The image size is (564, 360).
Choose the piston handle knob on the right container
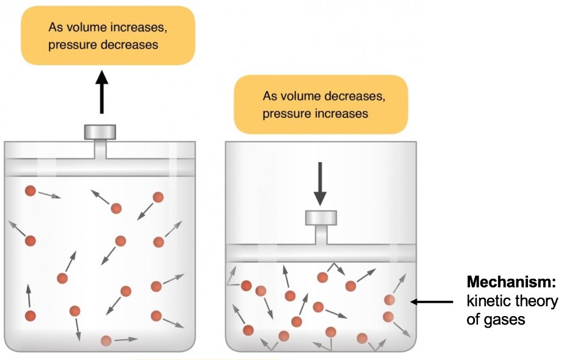click(x=320, y=218)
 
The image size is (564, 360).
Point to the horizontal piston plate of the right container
click(x=320, y=253)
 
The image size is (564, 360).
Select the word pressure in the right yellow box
click(x=284, y=113)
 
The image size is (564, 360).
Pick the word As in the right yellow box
click(x=270, y=96)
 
